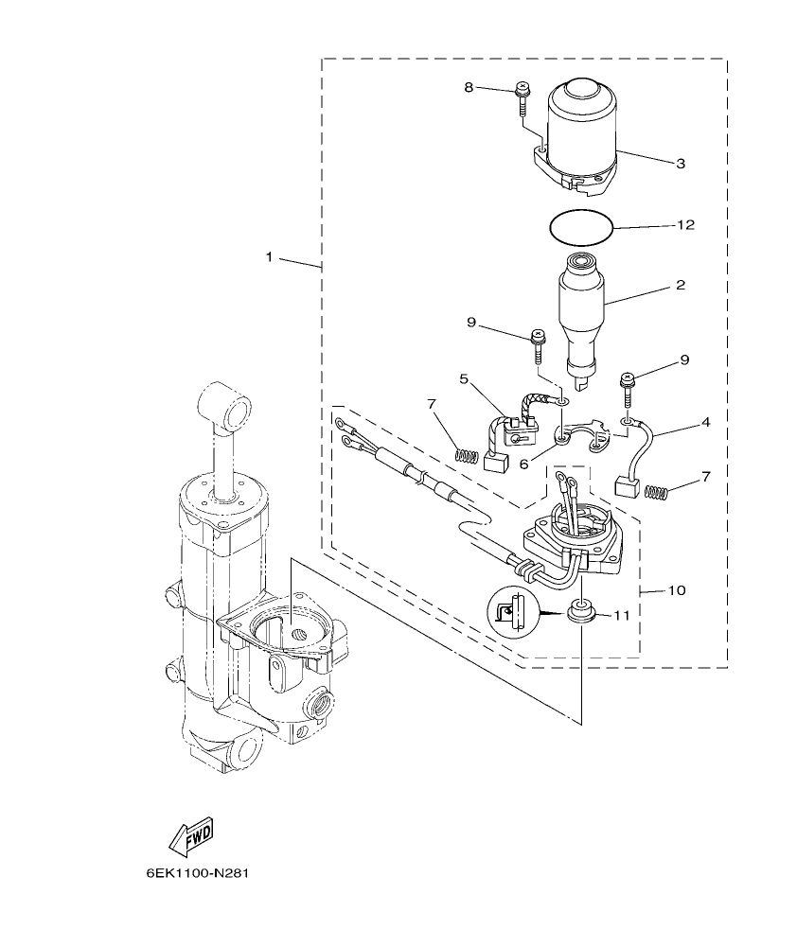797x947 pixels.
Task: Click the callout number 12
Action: coord(686,225)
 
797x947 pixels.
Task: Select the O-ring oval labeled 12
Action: coord(582,227)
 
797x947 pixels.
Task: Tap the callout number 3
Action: coord(680,163)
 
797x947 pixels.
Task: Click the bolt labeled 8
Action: coord(522,99)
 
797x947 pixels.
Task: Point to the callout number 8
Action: coord(469,87)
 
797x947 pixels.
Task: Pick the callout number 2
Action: coord(680,284)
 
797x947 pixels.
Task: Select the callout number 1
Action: coord(269,257)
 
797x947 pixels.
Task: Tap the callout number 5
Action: coord(464,378)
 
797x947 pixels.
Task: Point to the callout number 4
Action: coord(705,423)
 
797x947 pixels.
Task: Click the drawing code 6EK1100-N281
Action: coord(197,872)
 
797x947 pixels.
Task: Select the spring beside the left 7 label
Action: coord(465,455)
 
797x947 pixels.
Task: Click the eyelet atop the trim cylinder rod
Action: coord(228,408)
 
